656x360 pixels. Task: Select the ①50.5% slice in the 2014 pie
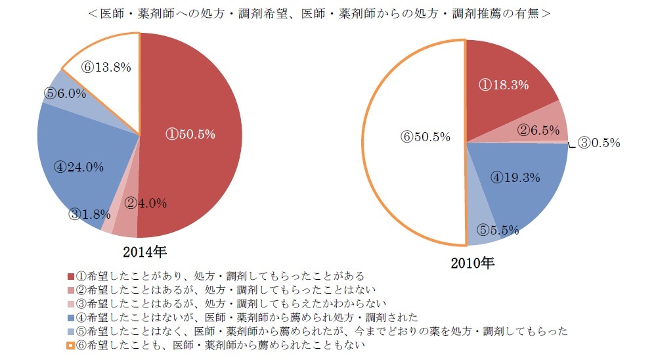[x=190, y=134]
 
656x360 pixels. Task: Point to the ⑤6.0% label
[x=65, y=94]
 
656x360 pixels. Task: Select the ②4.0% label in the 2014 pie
[x=145, y=203]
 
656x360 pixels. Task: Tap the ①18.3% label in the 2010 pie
[x=504, y=85]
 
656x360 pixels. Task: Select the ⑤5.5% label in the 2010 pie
[x=497, y=230]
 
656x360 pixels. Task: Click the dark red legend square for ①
[x=71, y=277]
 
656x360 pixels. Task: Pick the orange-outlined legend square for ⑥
[x=71, y=344]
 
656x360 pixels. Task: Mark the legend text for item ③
[x=230, y=303]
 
